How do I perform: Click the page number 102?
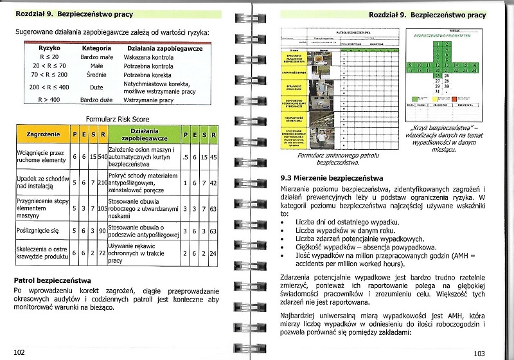tap(19, 352)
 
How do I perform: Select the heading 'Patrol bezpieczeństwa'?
tap(52, 280)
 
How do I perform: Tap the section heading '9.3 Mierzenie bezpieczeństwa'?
tap(332, 177)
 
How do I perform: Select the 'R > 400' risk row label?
tap(49, 100)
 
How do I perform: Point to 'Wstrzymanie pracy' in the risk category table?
tap(149, 100)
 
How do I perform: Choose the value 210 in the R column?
tap(102, 183)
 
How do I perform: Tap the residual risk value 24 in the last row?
tap(213, 253)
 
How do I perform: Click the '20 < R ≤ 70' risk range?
tap(49, 66)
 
